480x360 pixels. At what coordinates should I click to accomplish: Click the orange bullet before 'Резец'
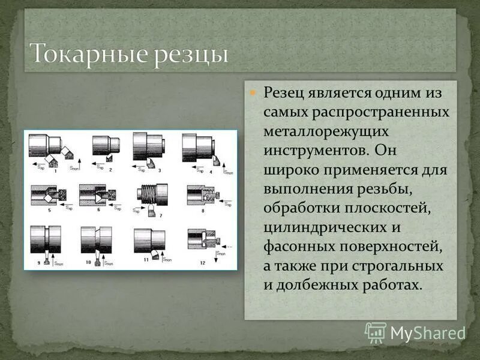(253, 94)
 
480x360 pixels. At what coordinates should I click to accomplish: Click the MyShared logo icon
(375, 331)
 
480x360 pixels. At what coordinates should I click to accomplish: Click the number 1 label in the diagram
(56, 171)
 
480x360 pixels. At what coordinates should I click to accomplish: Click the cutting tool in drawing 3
(154, 163)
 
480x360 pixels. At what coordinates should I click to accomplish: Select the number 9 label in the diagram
(40, 262)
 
